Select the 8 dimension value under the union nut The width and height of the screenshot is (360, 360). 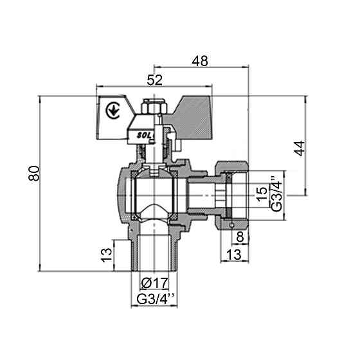[240, 237]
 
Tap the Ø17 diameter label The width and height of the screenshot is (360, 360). [154, 282]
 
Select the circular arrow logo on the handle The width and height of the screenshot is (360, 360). [113, 109]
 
